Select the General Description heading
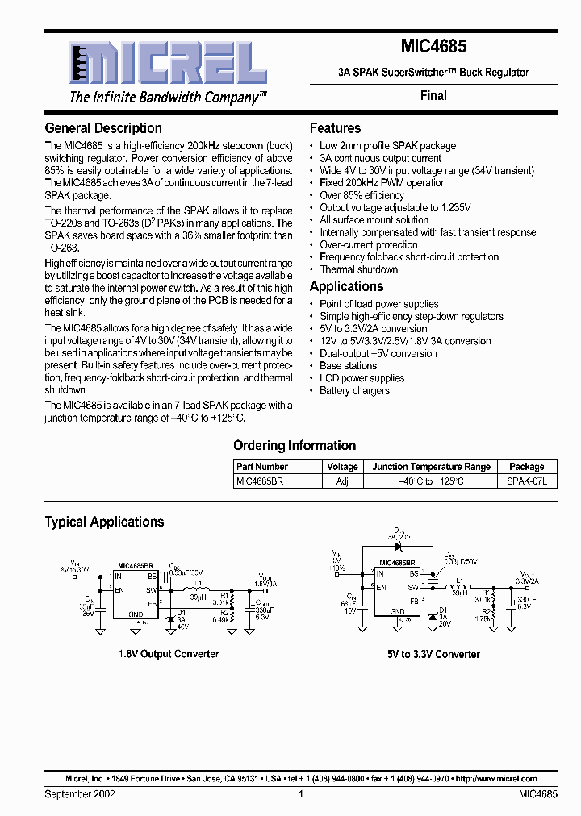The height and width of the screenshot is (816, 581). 103,128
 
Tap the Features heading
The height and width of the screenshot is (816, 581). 335,128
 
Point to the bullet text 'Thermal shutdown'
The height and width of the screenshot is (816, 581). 358,269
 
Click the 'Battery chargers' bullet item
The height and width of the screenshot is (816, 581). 354,390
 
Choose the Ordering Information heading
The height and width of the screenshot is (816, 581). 295,445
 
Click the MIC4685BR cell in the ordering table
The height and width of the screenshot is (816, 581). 260,480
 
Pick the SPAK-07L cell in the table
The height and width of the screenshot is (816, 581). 526,480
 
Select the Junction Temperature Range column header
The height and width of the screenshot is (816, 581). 431,466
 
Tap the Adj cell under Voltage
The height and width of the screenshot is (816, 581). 342,480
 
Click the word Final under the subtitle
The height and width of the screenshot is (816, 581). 433,95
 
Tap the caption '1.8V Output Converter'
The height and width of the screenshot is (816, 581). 169,654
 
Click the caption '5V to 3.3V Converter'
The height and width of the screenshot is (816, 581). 433,654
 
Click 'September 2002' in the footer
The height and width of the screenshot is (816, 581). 80,794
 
